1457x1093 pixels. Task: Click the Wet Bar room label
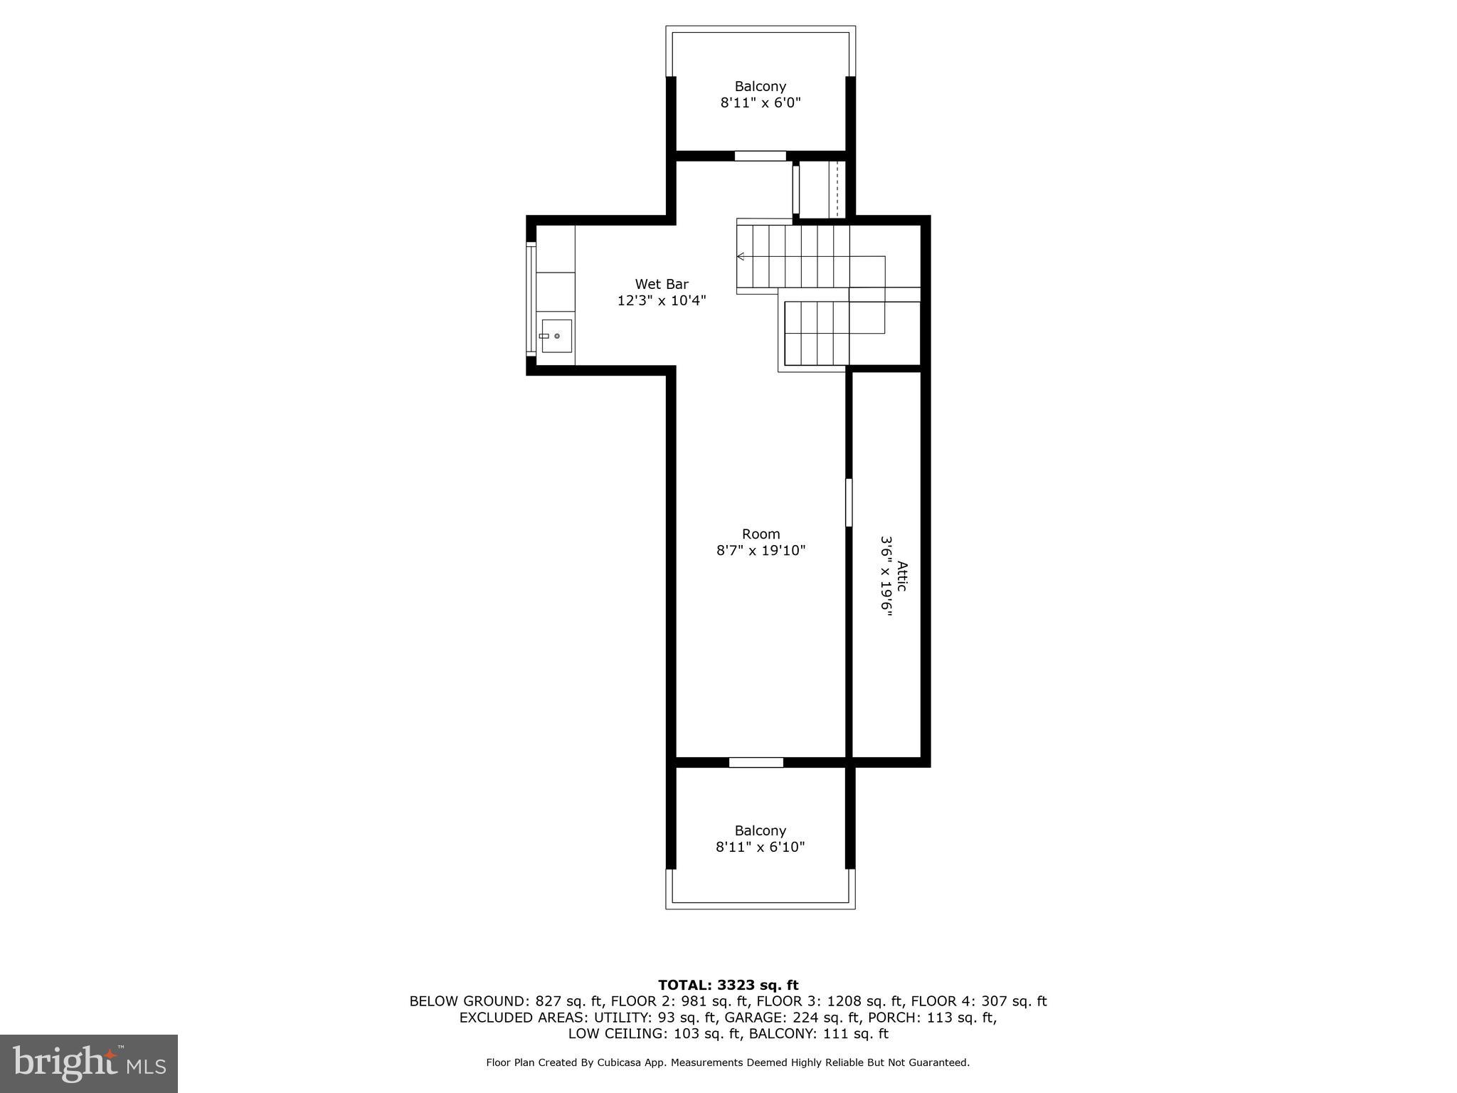coord(662,284)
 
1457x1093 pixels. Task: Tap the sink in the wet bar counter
coord(556,336)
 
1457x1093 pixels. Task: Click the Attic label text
coord(901,576)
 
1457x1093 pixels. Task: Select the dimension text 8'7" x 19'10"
coord(761,550)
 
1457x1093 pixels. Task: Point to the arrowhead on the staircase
coord(740,256)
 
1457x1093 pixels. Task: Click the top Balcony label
coord(760,86)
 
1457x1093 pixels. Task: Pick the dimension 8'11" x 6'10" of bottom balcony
coord(760,847)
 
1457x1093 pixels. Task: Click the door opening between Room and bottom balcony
coord(756,762)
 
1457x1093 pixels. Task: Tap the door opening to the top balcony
coord(760,156)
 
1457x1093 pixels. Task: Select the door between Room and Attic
coord(848,502)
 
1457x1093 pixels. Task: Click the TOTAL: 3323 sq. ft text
coord(728,985)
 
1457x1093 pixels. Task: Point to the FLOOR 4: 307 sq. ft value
coord(978,1001)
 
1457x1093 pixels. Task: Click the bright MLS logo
coord(89,1063)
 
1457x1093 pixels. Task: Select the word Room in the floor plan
coord(761,534)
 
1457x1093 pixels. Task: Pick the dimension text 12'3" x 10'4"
coord(662,300)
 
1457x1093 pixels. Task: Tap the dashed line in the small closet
coord(837,189)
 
